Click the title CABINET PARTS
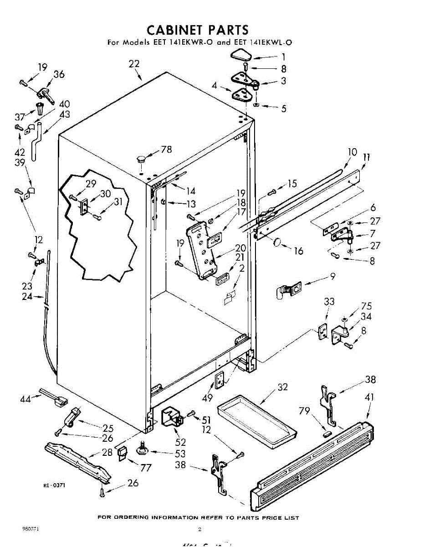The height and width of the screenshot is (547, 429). pyautogui.click(x=198, y=30)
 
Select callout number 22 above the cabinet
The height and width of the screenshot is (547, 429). pyautogui.click(x=134, y=64)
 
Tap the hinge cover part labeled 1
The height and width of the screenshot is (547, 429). pyautogui.click(x=240, y=57)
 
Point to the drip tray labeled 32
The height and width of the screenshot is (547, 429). pyautogui.click(x=256, y=416)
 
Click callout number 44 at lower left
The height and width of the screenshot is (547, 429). pyautogui.click(x=26, y=399)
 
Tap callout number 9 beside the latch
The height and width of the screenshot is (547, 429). pyautogui.click(x=333, y=276)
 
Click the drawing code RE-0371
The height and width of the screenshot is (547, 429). pyautogui.click(x=54, y=485)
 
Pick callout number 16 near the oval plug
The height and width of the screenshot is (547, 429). pyautogui.click(x=299, y=251)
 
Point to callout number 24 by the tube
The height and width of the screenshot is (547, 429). pyautogui.click(x=27, y=297)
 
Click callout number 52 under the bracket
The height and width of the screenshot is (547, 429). pyautogui.click(x=181, y=442)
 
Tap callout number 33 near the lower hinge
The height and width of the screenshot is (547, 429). pyautogui.click(x=329, y=301)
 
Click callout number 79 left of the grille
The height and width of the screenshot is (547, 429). pyautogui.click(x=304, y=412)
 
